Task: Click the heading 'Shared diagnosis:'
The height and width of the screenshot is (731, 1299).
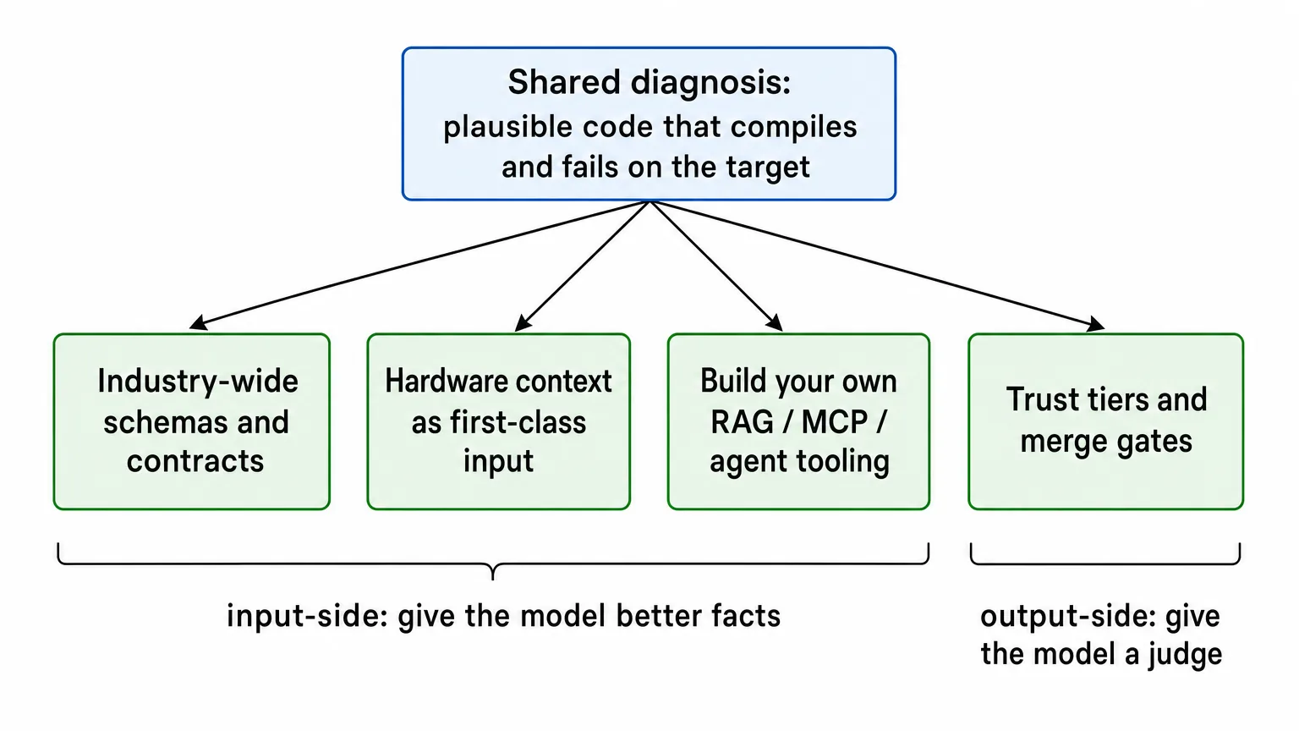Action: [649, 82]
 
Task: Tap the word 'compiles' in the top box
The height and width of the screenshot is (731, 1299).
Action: [793, 127]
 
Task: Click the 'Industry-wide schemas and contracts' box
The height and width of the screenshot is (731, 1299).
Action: [192, 422]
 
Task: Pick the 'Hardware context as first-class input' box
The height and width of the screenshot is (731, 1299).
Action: [499, 422]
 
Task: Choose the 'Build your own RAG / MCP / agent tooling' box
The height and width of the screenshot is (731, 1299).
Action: [798, 422]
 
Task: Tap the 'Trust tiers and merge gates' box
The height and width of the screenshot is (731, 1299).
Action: [1106, 422]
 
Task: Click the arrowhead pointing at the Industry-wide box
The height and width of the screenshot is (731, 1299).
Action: [199, 323]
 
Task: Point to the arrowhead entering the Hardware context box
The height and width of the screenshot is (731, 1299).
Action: [523, 322]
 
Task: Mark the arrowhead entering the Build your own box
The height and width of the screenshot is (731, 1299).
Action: [775, 322]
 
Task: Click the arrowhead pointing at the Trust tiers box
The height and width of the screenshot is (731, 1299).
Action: [1095, 324]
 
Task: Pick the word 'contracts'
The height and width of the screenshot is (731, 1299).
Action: [195, 462]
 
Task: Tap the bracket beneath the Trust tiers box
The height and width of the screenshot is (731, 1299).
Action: [1105, 563]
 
